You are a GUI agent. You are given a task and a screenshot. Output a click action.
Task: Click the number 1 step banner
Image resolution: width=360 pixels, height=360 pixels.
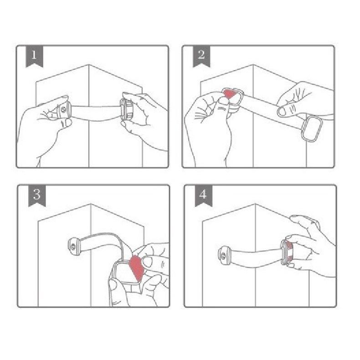tap(34, 56)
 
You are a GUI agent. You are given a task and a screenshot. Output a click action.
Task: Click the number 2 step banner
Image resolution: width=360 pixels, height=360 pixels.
tap(201, 56)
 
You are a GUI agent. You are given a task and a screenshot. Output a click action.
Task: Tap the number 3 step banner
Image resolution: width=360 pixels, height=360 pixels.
tap(37, 195)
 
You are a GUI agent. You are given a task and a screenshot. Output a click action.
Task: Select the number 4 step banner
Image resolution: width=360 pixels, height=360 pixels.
tap(203, 195)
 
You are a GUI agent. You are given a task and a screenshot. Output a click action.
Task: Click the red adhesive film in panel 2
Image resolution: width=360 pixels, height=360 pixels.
tap(229, 93)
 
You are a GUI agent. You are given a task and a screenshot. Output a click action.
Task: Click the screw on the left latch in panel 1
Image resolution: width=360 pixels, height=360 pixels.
tap(64, 110)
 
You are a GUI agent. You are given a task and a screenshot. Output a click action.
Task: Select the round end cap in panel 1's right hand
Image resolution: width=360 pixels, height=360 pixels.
tap(126, 109)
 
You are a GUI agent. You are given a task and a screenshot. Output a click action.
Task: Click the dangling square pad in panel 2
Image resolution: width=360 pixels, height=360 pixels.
tap(312, 129)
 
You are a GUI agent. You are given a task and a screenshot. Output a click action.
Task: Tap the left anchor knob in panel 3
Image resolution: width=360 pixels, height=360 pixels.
tap(74, 247)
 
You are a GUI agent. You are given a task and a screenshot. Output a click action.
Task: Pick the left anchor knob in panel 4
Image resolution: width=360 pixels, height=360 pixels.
tap(224, 256)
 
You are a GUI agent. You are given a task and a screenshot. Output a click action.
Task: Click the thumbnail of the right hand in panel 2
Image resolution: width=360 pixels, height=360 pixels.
tap(282, 112)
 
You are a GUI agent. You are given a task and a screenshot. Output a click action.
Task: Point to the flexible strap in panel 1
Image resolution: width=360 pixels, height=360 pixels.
tap(96, 113)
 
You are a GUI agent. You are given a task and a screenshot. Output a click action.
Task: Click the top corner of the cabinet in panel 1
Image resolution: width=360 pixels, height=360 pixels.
tap(88, 65)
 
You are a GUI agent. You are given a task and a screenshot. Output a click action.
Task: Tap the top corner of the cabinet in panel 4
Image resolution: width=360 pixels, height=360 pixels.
tap(255, 204)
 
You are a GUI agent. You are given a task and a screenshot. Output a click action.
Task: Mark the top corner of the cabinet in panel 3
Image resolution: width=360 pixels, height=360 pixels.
tap(91, 204)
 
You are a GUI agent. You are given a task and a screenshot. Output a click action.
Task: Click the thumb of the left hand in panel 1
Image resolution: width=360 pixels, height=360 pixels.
tap(66, 123)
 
